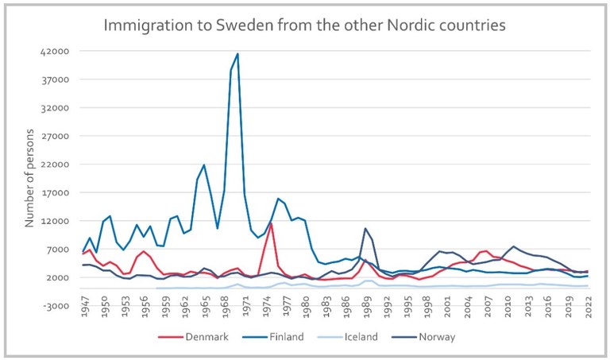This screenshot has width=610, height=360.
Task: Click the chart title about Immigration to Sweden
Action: tap(305, 25)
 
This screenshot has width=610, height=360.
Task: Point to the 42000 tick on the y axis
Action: tap(56, 52)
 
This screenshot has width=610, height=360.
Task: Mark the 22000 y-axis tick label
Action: tap(56, 165)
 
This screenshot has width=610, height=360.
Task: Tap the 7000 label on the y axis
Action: tap(60, 250)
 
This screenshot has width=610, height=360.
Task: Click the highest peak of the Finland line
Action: tap(237, 54)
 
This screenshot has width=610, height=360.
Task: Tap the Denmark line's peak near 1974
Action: tap(271, 223)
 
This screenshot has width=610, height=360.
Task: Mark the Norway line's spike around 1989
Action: tap(365, 229)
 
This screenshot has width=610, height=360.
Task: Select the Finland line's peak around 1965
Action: tap(204, 165)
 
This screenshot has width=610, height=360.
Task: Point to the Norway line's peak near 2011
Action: tap(513, 246)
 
